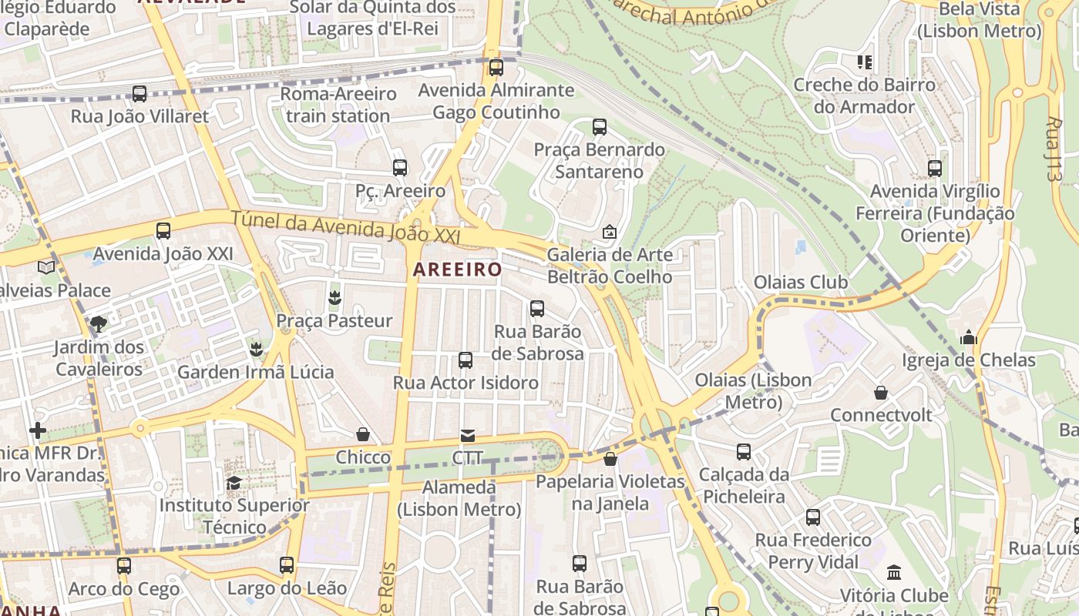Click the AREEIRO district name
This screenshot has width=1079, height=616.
pos(457,269)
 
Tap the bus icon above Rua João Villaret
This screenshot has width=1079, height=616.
pos(139,94)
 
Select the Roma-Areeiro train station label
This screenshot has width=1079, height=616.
pos(338,105)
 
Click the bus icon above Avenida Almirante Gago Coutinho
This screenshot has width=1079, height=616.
pos(496,68)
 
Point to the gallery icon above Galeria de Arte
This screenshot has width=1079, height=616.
pos(609,231)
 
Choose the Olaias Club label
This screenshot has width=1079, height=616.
pos(801,283)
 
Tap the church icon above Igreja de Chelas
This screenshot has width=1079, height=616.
pos(969,337)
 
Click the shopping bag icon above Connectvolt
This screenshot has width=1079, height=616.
pos(881,393)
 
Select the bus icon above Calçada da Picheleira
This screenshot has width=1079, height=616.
pos(744,452)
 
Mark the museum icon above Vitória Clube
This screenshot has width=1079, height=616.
pos(894,573)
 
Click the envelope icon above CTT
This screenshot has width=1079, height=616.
pos(468,436)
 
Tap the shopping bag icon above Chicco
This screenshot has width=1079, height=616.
pos(363,435)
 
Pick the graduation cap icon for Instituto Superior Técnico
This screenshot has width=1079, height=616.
pos(234,483)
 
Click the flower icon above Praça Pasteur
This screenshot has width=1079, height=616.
pos(334,297)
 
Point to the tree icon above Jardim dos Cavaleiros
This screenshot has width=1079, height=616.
pos(98,324)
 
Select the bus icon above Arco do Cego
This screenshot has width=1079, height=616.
pos(124,566)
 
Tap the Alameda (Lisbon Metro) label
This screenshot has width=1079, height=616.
pos(459,498)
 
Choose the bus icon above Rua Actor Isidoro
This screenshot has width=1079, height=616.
pos(466,360)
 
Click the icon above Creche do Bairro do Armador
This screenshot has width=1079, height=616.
pos(864,62)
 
